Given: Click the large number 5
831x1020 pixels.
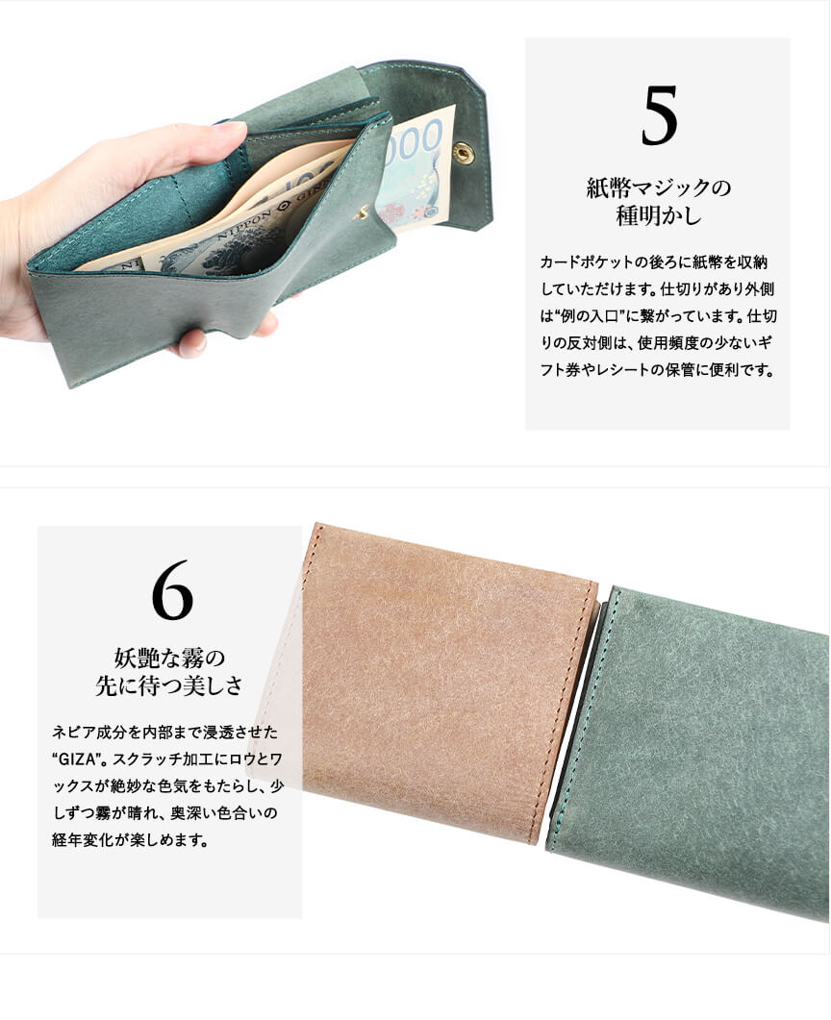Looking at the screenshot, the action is (659, 116).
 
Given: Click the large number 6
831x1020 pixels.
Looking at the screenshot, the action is (172, 590).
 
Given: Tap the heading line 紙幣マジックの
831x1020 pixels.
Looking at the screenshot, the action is (659, 188).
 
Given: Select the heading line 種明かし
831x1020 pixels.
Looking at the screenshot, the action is (659, 216).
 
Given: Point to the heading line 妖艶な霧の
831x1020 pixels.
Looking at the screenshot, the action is (170, 658).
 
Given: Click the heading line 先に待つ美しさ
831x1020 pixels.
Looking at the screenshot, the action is (170, 685).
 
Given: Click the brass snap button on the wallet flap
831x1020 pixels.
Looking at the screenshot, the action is (464, 152).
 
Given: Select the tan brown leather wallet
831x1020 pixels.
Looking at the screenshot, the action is (449, 683).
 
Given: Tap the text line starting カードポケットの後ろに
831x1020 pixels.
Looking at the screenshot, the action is (654, 262).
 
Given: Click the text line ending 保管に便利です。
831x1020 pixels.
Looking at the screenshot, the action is (658, 370).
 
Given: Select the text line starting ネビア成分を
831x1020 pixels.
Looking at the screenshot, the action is (164, 733).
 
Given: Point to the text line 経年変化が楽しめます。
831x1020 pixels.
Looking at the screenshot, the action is (130, 840).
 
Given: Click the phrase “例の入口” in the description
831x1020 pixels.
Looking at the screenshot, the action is (589, 317).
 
